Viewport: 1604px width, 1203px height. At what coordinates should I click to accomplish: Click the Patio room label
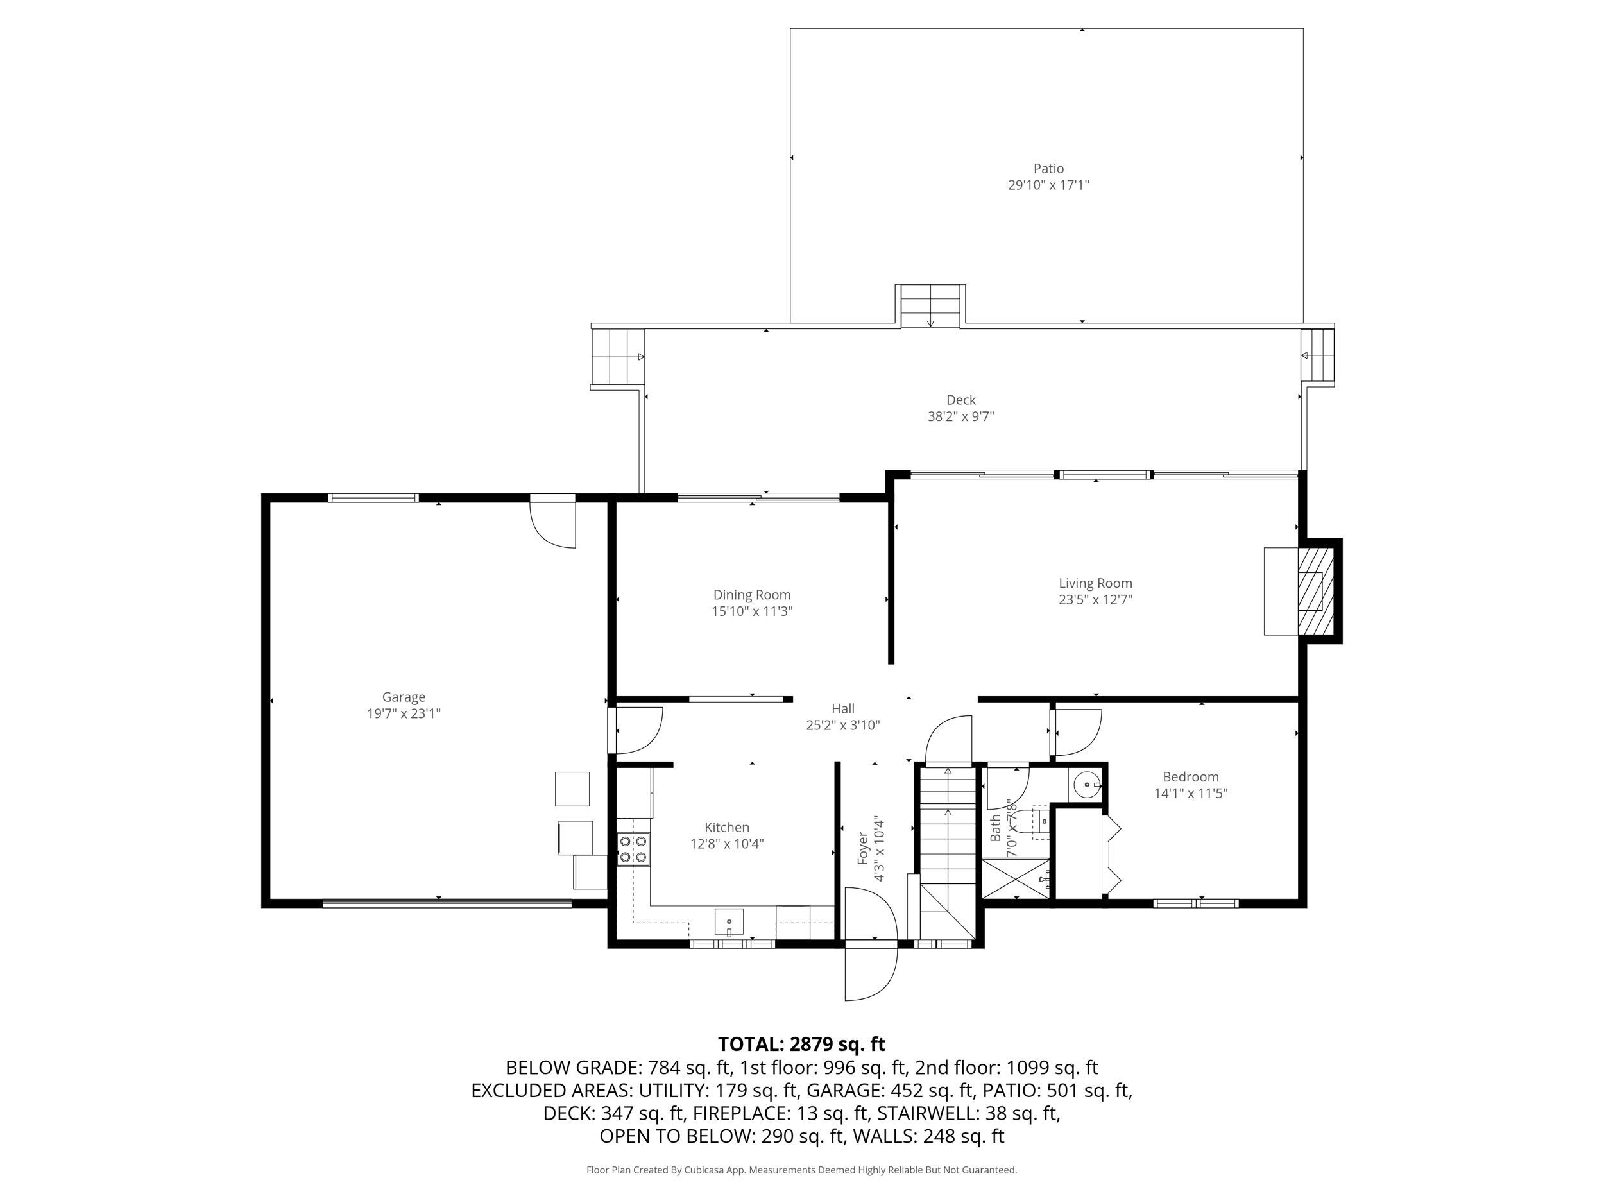pos(1048,169)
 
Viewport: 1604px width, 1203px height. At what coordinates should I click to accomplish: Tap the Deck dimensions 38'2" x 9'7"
pos(961,417)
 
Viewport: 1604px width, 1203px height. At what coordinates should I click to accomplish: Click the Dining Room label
pos(752,595)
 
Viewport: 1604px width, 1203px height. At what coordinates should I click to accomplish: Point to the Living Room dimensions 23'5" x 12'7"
pos(1095,600)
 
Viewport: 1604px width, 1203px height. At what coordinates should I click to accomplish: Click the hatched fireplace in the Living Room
pos(1315,591)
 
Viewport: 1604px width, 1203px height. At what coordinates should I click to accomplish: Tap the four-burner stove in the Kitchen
pos(633,850)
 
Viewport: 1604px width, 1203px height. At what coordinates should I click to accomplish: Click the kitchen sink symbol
pos(729,923)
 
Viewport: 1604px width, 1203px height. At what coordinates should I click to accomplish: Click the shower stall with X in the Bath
pos(1015,879)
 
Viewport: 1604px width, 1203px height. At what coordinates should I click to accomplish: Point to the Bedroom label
pos(1191,776)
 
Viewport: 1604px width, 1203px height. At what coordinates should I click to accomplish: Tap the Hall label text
pos(842,708)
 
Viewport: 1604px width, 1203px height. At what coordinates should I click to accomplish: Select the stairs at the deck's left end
pos(618,357)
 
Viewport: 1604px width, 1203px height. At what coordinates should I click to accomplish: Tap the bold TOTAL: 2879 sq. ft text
pos(801,1044)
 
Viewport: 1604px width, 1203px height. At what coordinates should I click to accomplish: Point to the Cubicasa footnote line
pos(801,1170)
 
